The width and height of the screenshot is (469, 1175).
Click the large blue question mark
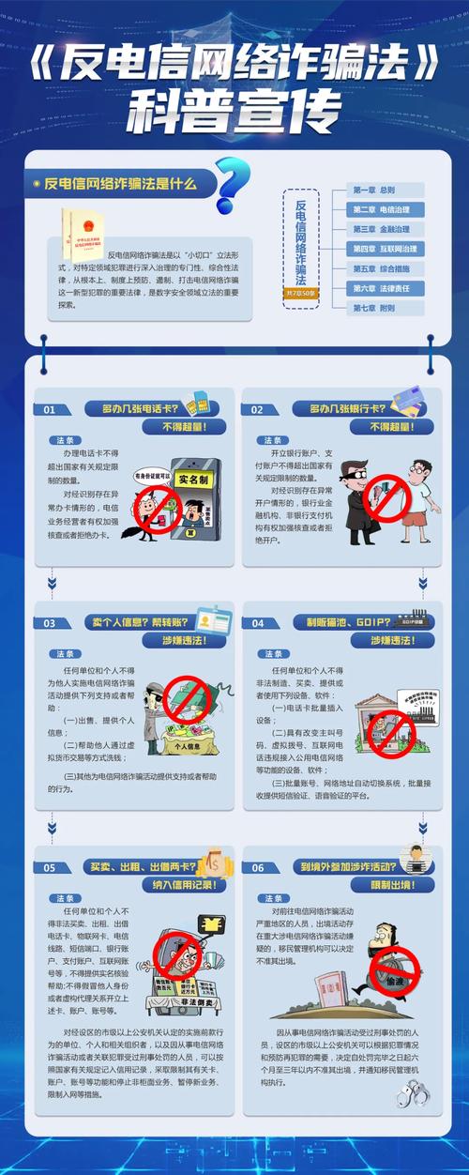232,185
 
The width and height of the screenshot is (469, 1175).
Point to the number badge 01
51,410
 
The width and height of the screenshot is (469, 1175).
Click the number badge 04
258,623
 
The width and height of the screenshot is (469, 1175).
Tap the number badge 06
258,867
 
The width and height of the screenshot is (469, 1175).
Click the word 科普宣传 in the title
234,111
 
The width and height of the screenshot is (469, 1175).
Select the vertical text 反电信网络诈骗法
300,241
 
